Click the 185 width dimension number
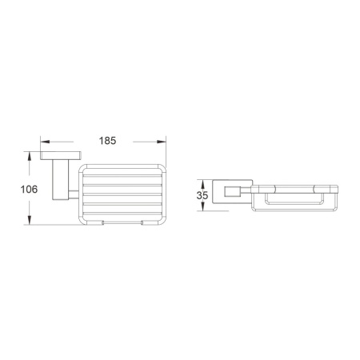coord(107,141)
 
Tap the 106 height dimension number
coord(29,190)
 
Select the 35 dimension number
coord(202,195)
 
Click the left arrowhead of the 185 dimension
coord(45,142)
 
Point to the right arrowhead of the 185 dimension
coord(162,142)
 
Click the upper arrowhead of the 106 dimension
coord(29,156)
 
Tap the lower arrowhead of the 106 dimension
coord(29,220)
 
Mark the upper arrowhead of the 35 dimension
coord(202,184)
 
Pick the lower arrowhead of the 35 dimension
coord(202,206)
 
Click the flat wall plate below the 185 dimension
coord(61,156)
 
